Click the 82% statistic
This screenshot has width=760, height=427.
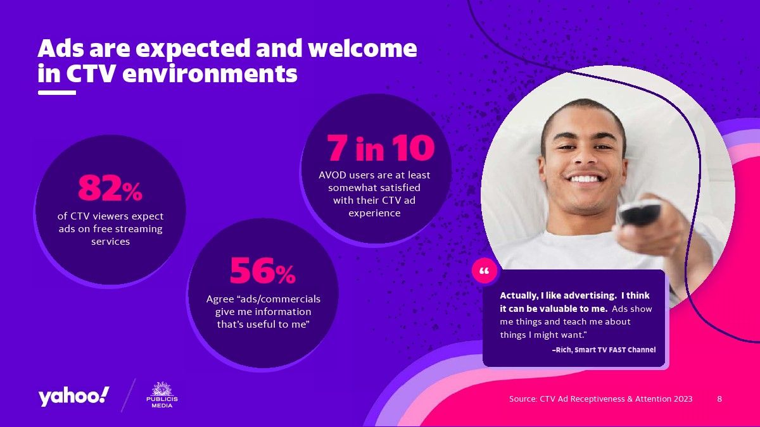click(110, 188)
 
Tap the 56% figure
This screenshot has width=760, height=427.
click(263, 271)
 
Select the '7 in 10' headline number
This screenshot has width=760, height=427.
click(381, 148)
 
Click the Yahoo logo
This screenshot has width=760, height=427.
click(73, 396)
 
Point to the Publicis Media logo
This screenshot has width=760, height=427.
click(162, 395)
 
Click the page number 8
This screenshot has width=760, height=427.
click(719, 399)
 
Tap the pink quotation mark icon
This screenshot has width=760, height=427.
click(484, 271)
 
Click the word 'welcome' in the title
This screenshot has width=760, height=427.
click(362, 48)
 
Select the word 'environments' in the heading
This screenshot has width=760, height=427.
click(210, 73)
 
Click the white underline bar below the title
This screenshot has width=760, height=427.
click(57, 92)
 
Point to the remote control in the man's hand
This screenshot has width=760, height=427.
click(639, 213)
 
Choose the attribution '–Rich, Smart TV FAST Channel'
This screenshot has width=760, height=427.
click(604, 350)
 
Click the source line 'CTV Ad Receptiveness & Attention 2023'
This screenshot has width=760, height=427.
click(616, 399)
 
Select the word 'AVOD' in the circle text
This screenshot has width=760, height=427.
click(332, 175)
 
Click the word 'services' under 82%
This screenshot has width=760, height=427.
click(110, 242)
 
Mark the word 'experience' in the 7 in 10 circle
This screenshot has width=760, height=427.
click(374, 214)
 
